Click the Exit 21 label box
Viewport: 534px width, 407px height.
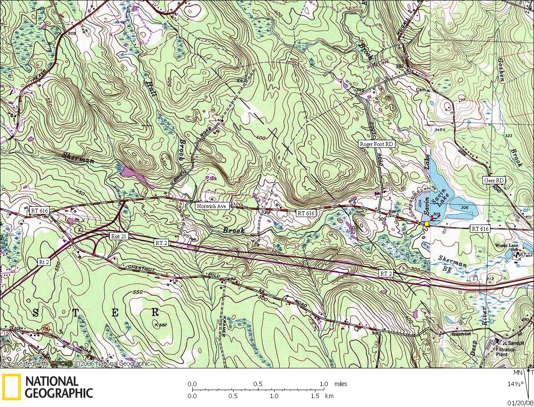[x=119, y=237]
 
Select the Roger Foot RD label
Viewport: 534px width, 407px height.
[x=377, y=144]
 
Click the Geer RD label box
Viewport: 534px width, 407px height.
[x=494, y=181]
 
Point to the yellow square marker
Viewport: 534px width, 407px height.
[x=426, y=224]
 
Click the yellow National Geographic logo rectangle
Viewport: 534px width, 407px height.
[x=11, y=387]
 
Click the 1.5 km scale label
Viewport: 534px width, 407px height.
[x=315, y=395]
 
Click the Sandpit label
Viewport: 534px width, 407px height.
[x=512, y=343]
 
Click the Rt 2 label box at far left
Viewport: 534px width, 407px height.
[x=44, y=262]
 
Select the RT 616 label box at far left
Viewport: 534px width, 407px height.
[x=39, y=210]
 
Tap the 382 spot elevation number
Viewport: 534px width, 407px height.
[x=399, y=66]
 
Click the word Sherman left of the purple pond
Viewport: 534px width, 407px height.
[x=79, y=158]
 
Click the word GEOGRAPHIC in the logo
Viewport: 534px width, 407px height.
[x=59, y=393]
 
